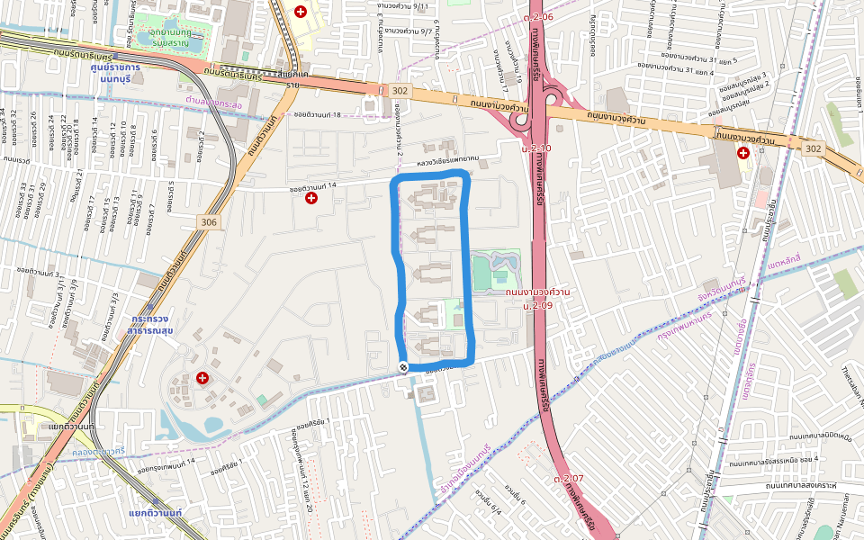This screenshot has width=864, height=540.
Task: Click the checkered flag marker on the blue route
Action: coord(403,366)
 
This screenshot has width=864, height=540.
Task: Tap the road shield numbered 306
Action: coord(208,221)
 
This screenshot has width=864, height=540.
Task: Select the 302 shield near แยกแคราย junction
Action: coord(400,91)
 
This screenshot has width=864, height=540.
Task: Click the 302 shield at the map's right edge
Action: coord(813,148)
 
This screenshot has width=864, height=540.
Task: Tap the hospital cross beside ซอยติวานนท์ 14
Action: coord(311,198)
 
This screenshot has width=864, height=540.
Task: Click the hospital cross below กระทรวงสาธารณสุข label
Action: coord(202,378)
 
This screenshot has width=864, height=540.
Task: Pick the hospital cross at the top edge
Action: coord(301,12)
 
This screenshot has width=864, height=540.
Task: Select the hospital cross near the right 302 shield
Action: coord(743,153)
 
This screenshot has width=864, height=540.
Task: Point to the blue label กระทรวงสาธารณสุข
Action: coord(151,325)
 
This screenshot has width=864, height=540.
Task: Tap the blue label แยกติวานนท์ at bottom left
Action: coord(155,512)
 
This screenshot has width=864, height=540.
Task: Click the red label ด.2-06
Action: coord(538,17)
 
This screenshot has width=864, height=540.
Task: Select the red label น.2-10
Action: coord(536,148)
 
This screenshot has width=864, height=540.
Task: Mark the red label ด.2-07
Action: coord(569,478)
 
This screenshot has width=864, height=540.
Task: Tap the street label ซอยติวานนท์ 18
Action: coord(317,115)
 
